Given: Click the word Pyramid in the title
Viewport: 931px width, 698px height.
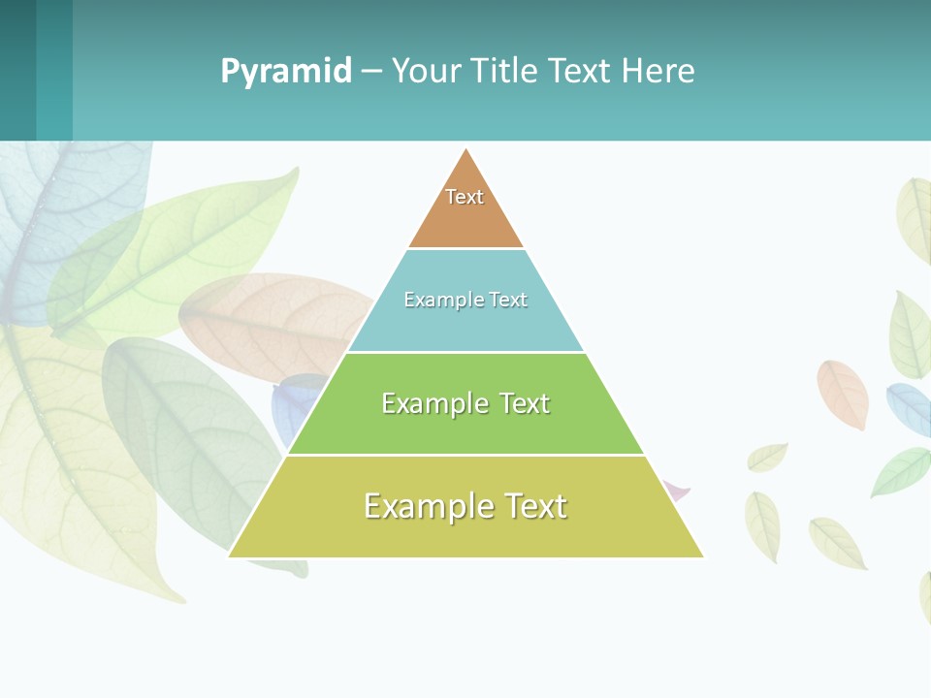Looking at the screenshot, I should [286, 71].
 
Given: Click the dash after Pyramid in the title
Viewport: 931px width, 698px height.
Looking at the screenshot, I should [371, 72].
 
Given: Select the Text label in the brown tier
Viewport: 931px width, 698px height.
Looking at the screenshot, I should [465, 197].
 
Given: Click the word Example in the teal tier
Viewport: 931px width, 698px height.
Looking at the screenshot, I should [435, 300].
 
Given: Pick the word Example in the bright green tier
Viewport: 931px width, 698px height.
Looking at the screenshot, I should [434, 403].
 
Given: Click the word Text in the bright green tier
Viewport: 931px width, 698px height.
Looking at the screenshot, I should [525, 403].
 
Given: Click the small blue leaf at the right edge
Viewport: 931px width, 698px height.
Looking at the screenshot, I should [909, 407].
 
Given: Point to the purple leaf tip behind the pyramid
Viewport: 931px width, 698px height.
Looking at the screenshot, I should [680, 492].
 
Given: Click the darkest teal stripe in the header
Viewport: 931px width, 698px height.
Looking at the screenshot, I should [17, 70].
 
